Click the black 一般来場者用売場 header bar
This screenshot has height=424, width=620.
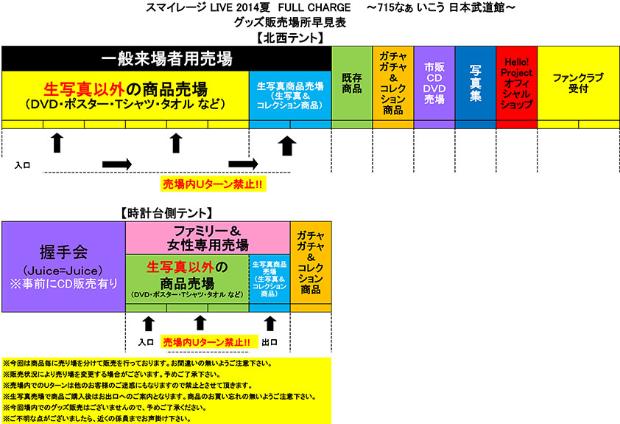166,58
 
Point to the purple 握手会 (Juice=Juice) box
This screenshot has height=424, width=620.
63,267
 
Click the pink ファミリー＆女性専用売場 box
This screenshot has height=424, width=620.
208,237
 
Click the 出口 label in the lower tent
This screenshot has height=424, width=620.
270,342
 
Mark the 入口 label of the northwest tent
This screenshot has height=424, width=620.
23,165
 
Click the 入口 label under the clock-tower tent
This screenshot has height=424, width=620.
146,342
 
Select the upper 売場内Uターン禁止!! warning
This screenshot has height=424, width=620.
212,183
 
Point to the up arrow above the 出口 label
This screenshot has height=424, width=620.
270,323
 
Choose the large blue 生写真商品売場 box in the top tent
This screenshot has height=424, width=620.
289,95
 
